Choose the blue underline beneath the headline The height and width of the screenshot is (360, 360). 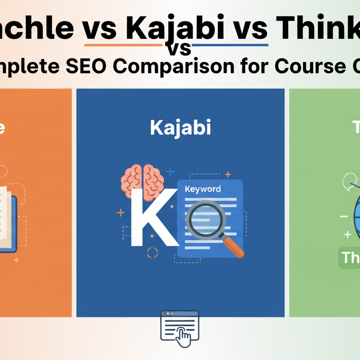coord(230,45)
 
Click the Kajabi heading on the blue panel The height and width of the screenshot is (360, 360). coord(180,128)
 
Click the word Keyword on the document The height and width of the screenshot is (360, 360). coord(203,189)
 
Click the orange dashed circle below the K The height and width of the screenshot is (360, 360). coord(152,253)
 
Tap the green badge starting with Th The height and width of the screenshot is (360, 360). coord(349,258)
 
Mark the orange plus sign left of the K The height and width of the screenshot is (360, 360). coord(121,213)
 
